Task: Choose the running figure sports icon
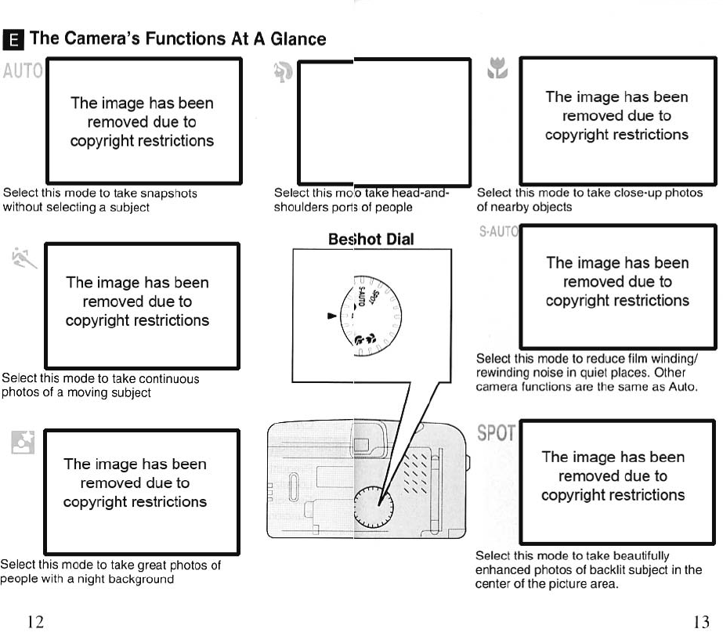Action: pos(23,256)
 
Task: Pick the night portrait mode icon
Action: pos(20,443)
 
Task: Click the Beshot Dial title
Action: pos(372,238)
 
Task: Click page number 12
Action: pos(35,622)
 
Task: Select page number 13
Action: pos(701,622)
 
